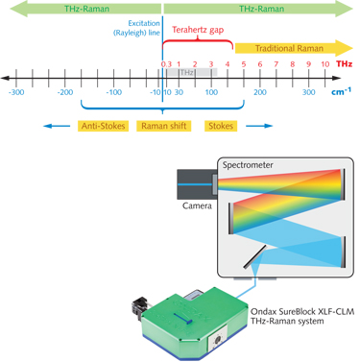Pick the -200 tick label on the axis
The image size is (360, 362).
click(64, 93)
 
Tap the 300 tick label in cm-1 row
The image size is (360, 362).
click(308, 93)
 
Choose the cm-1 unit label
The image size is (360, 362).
click(341, 93)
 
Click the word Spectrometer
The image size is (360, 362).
click(253, 164)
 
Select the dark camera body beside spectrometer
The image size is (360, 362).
click(196, 182)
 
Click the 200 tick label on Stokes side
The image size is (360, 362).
click(260, 93)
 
